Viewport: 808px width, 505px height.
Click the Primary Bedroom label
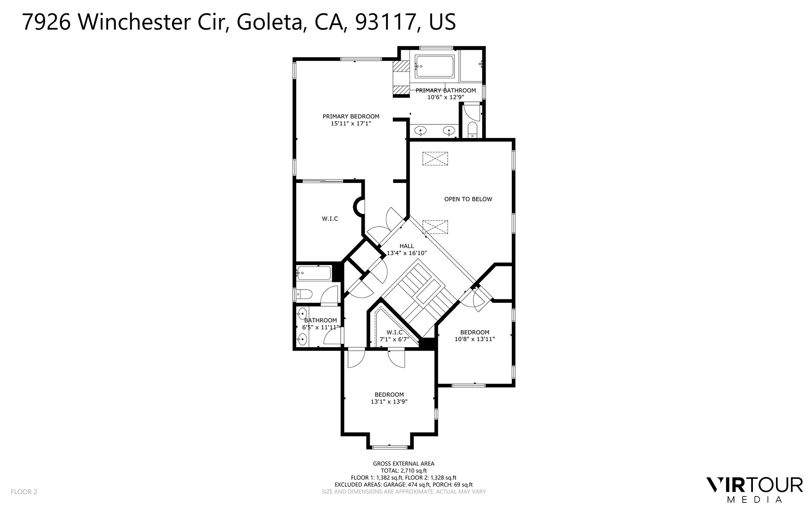tap(351, 116)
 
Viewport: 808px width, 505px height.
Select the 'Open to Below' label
tap(468, 199)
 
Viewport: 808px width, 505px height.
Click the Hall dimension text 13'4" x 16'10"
tap(407, 253)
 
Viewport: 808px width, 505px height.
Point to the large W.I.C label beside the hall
tap(330, 219)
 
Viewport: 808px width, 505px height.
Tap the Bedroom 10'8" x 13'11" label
tap(475, 336)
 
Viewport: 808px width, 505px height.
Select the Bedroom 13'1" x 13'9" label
tap(389, 398)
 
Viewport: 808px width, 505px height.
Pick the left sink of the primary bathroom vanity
tap(421, 130)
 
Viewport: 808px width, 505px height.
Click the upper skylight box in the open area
tap(435, 159)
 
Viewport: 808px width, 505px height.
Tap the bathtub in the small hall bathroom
tap(314, 273)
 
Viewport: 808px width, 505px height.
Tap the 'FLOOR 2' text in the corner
tap(24, 492)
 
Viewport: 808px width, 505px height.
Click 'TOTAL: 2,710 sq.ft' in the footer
tap(403, 470)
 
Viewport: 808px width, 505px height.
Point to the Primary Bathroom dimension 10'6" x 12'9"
tap(445, 97)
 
